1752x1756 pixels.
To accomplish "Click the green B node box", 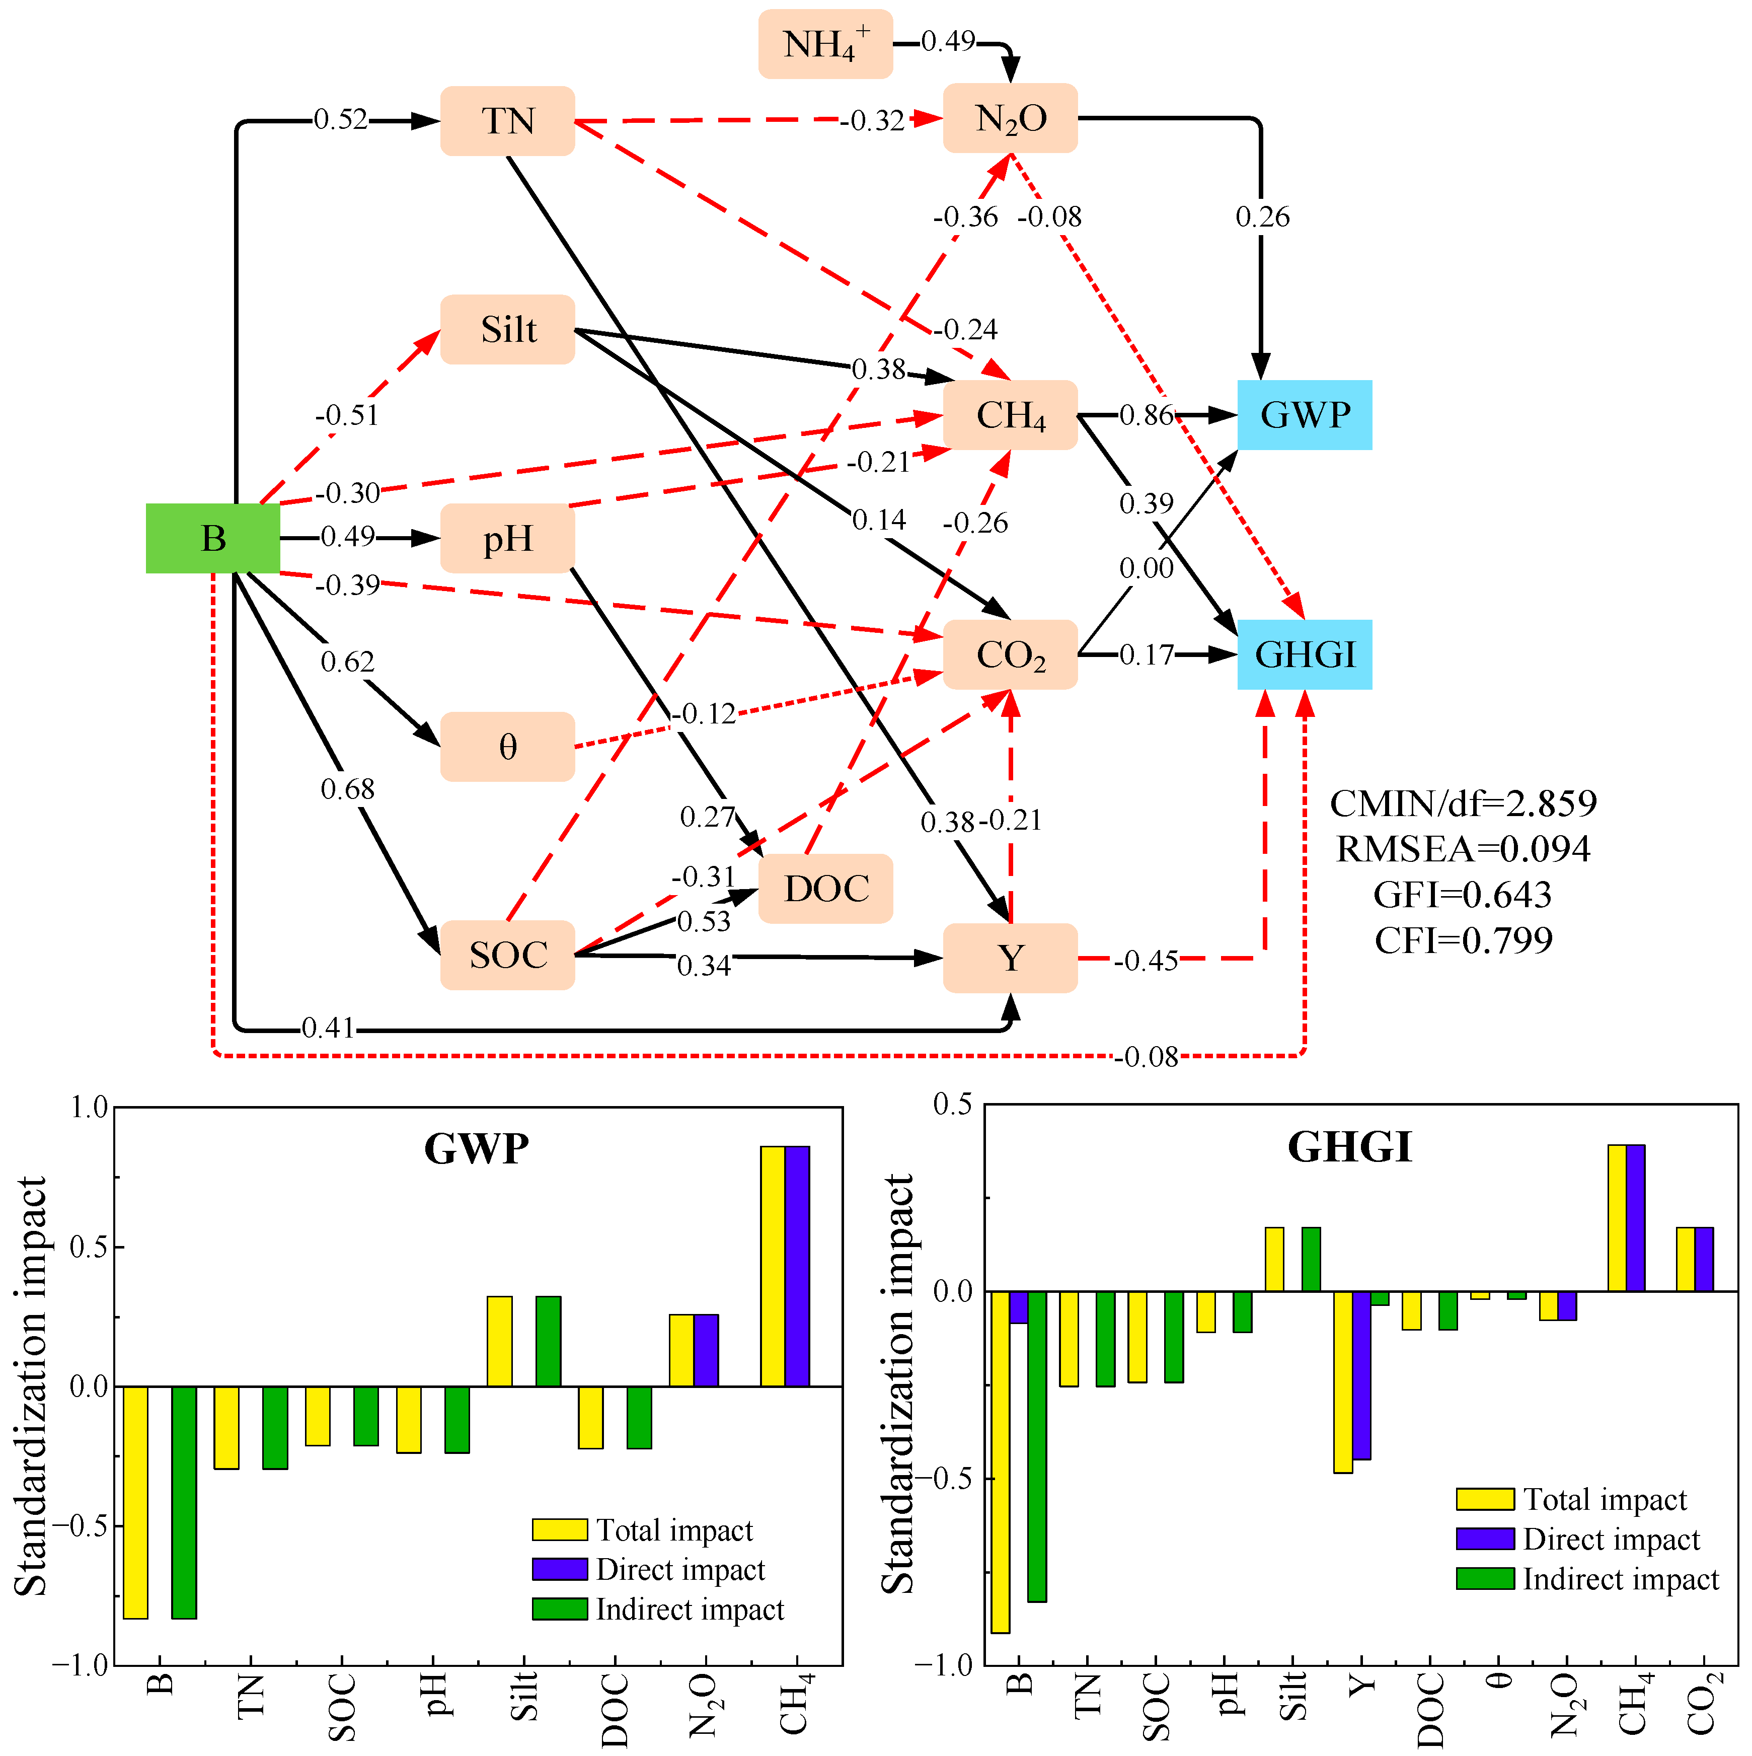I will click(x=212, y=538).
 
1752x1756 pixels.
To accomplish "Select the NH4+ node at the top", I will click(x=825, y=44).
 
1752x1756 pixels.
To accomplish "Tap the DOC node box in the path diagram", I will click(x=825, y=888).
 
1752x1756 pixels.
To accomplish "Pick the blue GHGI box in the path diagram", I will click(x=1304, y=654).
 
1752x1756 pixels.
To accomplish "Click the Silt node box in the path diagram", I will click(x=507, y=329).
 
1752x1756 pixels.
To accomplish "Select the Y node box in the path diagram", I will click(x=1010, y=958).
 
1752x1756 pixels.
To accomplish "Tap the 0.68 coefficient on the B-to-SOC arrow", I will click(x=347, y=789).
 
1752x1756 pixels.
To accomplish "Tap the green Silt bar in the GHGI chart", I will click(x=1311, y=1259).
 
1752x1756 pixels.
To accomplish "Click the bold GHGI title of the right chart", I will click(x=1349, y=1147).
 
